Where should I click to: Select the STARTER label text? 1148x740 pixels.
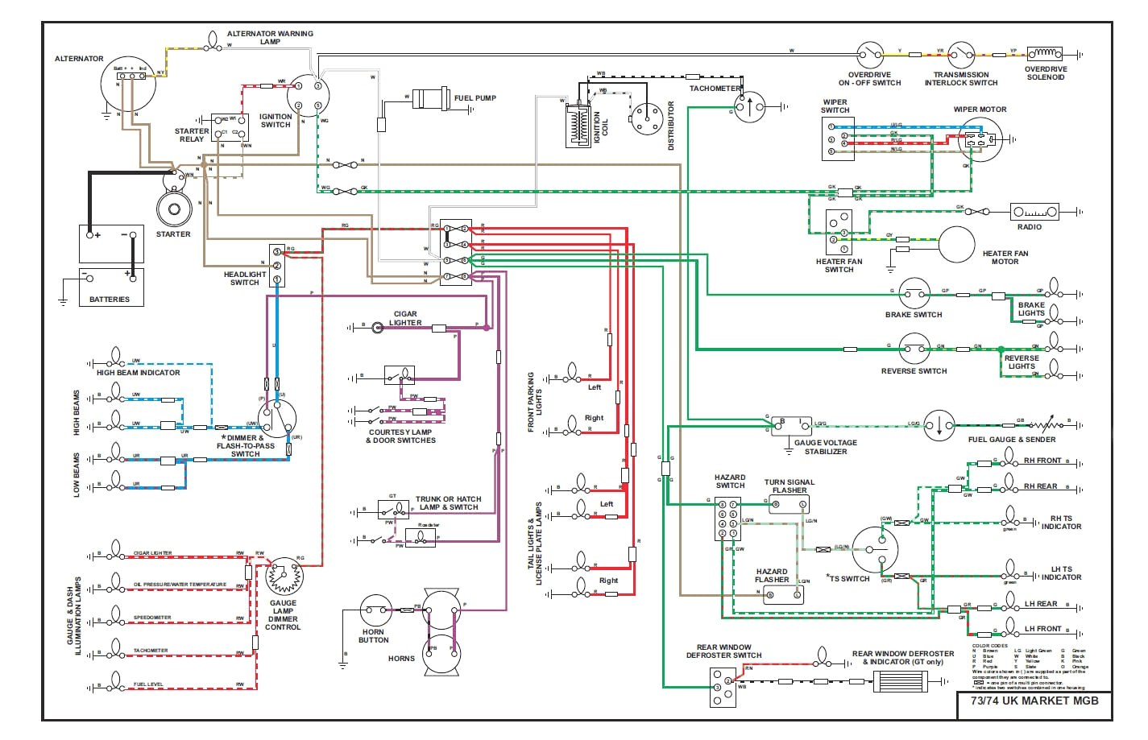click(173, 234)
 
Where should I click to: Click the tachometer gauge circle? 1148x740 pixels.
click(750, 105)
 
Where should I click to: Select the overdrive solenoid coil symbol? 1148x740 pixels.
click(1045, 54)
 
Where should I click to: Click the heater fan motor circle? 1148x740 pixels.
click(956, 244)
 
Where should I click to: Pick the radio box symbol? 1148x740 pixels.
click(1035, 212)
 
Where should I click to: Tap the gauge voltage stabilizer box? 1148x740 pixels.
click(792, 426)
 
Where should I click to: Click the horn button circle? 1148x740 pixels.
click(375, 610)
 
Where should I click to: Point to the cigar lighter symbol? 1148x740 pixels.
click(377, 328)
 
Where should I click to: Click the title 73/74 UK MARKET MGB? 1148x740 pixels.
click(1034, 701)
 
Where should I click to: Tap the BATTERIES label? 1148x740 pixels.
click(110, 300)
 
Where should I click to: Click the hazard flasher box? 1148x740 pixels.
click(783, 595)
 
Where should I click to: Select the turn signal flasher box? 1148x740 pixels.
click(789, 506)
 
